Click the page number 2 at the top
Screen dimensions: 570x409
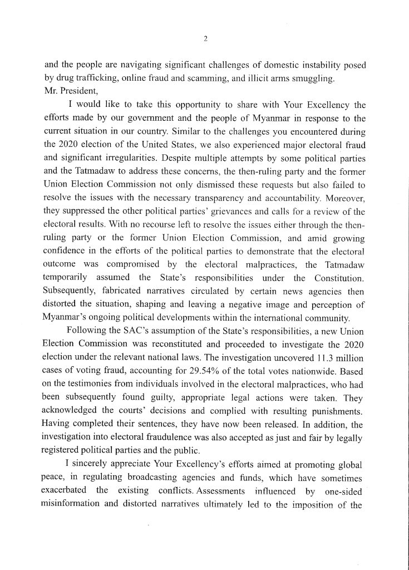point(205,38)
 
